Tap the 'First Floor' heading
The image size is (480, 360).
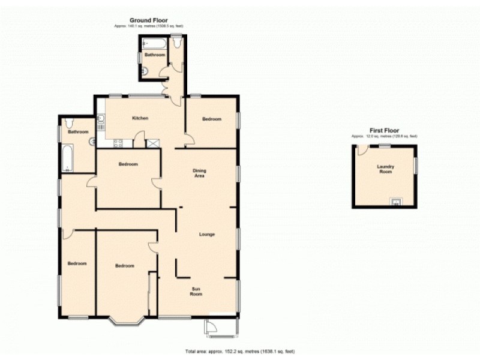(x=384, y=130)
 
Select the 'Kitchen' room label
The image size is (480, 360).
(x=140, y=118)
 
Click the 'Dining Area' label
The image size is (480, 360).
(x=200, y=173)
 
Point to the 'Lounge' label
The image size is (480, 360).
(x=207, y=234)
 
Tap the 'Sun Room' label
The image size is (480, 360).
(x=196, y=292)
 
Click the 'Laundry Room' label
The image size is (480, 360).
(x=385, y=169)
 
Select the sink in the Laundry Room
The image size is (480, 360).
(x=396, y=202)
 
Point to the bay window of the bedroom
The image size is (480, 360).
(x=127, y=320)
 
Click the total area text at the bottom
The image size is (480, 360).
(x=239, y=351)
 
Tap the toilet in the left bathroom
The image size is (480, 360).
(x=70, y=122)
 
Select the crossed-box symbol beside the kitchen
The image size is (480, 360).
(x=154, y=143)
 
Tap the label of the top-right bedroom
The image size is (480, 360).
(x=211, y=119)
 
